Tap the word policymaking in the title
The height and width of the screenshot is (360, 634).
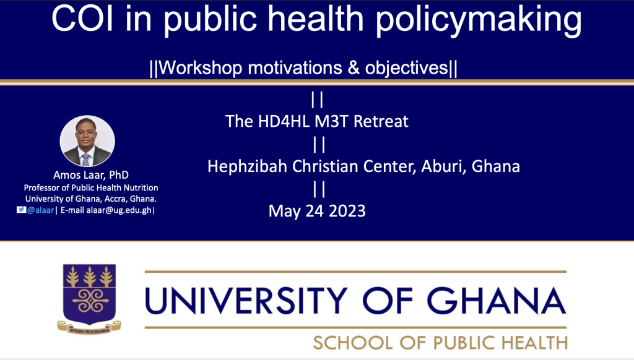point(479,20)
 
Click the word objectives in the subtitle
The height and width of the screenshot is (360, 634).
point(407,67)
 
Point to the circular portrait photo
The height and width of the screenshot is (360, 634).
point(87,142)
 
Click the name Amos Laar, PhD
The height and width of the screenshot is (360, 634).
point(91,175)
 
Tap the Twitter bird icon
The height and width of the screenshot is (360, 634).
point(21,210)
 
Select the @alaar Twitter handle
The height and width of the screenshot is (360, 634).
point(40,210)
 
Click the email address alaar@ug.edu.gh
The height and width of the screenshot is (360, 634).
point(119,210)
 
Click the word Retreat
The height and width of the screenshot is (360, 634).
point(381,121)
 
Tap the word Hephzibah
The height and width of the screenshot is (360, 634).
point(247,166)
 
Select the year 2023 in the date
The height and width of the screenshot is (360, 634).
point(347,211)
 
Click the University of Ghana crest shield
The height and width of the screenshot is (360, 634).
point(89,294)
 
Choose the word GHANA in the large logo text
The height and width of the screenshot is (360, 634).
point(496,301)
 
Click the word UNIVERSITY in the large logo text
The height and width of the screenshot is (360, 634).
point(246,301)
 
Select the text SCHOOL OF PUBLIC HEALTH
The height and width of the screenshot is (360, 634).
point(440,343)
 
